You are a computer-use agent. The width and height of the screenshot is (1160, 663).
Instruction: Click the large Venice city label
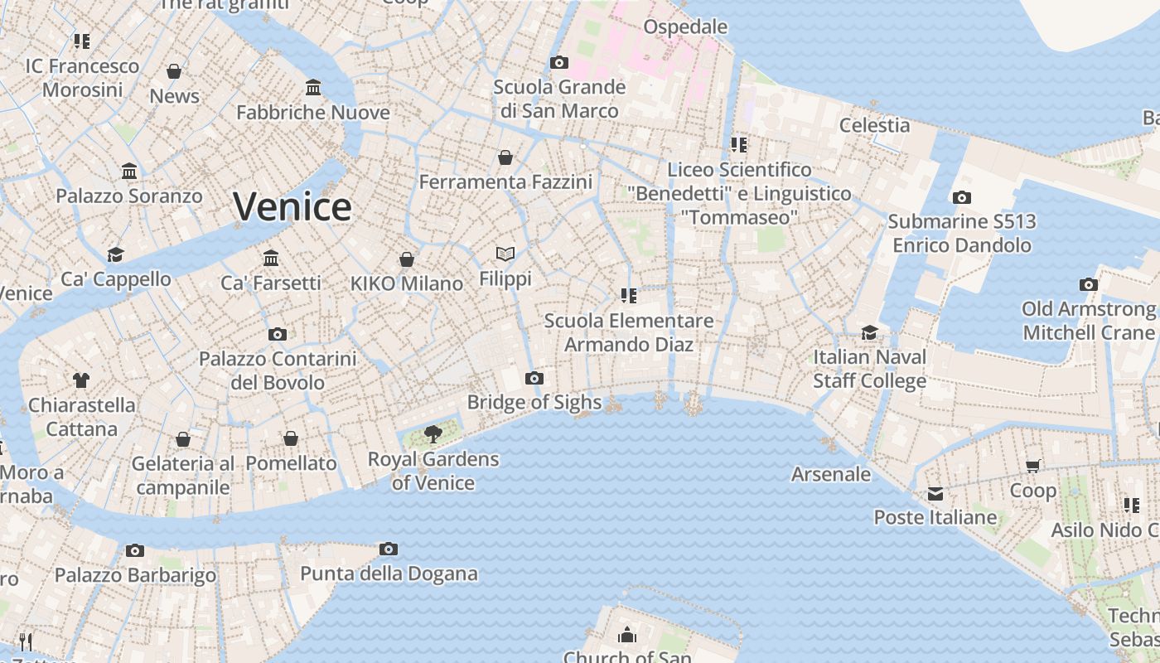pyautogui.click(x=292, y=206)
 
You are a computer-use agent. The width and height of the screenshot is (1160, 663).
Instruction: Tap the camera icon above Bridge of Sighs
pyautogui.click(x=534, y=379)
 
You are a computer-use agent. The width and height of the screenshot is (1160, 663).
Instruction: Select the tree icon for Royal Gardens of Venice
pyautogui.click(x=433, y=433)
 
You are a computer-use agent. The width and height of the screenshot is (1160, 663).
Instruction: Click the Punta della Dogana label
pyautogui.click(x=389, y=573)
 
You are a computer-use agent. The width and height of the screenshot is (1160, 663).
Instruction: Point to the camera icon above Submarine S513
pyautogui.click(x=961, y=197)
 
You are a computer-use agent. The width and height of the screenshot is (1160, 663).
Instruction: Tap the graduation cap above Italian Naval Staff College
pyautogui.click(x=869, y=332)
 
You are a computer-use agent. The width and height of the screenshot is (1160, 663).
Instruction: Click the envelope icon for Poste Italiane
pyautogui.click(x=935, y=494)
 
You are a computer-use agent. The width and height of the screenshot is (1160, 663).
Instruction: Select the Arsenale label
pyautogui.click(x=831, y=475)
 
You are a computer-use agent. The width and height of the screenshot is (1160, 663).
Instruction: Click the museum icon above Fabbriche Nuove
pyautogui.click(x=313, y=88)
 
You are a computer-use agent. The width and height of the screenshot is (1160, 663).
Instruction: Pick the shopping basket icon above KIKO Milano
pyautogui.click(x=406, y=259)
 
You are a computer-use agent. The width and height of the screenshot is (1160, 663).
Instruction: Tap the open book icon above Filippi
pyautogui.click(x=505, y=254)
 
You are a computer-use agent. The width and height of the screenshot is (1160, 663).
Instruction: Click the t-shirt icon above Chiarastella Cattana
pyautogui.click(x=80, y=380)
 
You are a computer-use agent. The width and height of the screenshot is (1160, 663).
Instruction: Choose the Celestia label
pyautogui.click(x=874, y=126)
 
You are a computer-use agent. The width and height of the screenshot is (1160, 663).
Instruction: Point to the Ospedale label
pyautogui.click(x=685, y=27)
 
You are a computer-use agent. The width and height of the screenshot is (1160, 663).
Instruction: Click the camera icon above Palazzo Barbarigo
pyautogui.click(x=135, y=551)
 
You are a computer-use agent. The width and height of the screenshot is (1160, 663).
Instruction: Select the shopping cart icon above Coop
pyautogui.click(x=1032, y=466)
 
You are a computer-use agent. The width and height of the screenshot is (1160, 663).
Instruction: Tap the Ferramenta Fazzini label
pyautogui.click(x=505, y=182)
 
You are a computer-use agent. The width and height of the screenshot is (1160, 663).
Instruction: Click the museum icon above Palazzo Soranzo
pyautogui.click(x=129, y=172)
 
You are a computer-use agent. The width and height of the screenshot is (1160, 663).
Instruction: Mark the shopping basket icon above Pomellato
pyautogui.click(x=291, y=438)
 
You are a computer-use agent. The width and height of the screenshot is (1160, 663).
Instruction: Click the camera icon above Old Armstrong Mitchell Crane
pyautogui.click(x=1088, y=284)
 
